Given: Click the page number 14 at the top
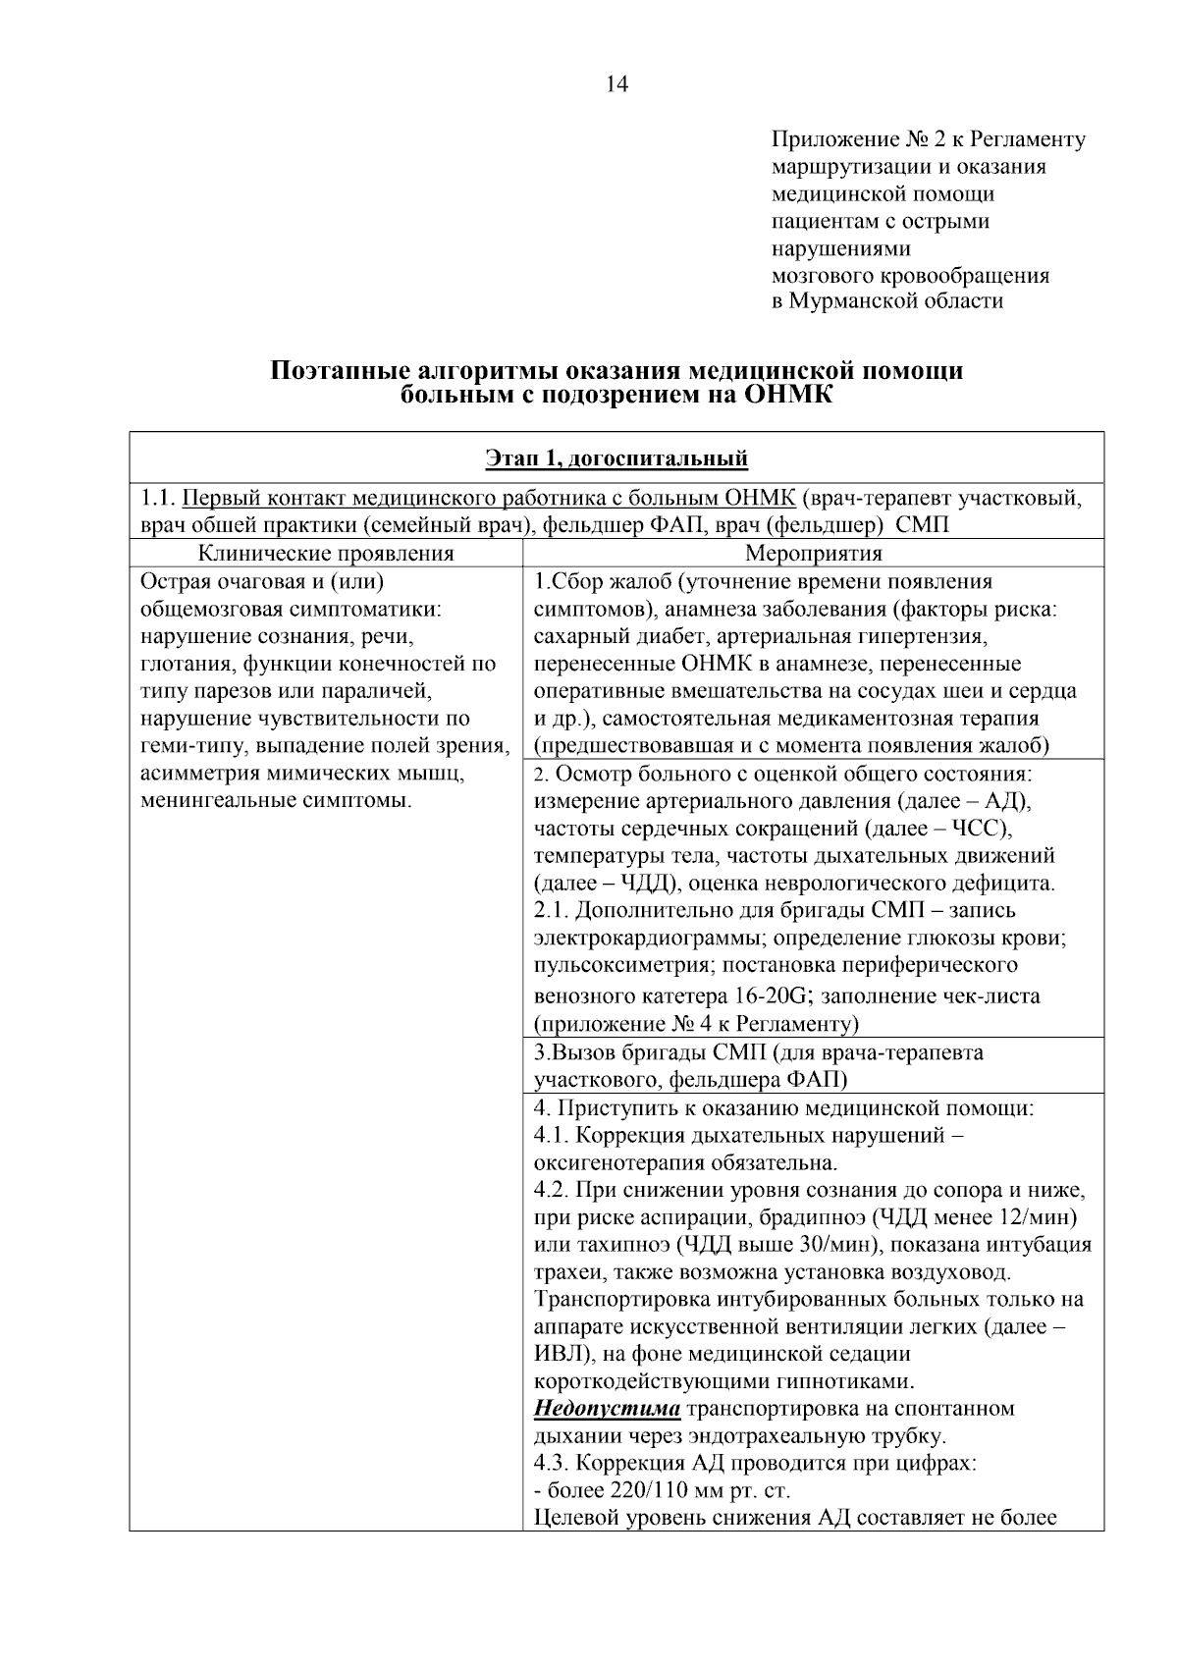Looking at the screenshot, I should [616, 85].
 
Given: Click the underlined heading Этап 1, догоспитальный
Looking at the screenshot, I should [616, 458].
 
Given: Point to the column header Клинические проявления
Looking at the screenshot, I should [326, 554].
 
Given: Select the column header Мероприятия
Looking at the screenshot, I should [813, 554].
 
